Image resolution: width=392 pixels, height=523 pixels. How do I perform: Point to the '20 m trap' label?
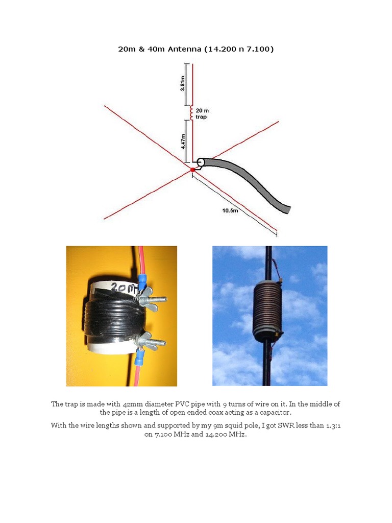click(202, 113)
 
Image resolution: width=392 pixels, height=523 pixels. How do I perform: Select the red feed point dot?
click(192, 170)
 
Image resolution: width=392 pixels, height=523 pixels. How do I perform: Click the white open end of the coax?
click(201, 162)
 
